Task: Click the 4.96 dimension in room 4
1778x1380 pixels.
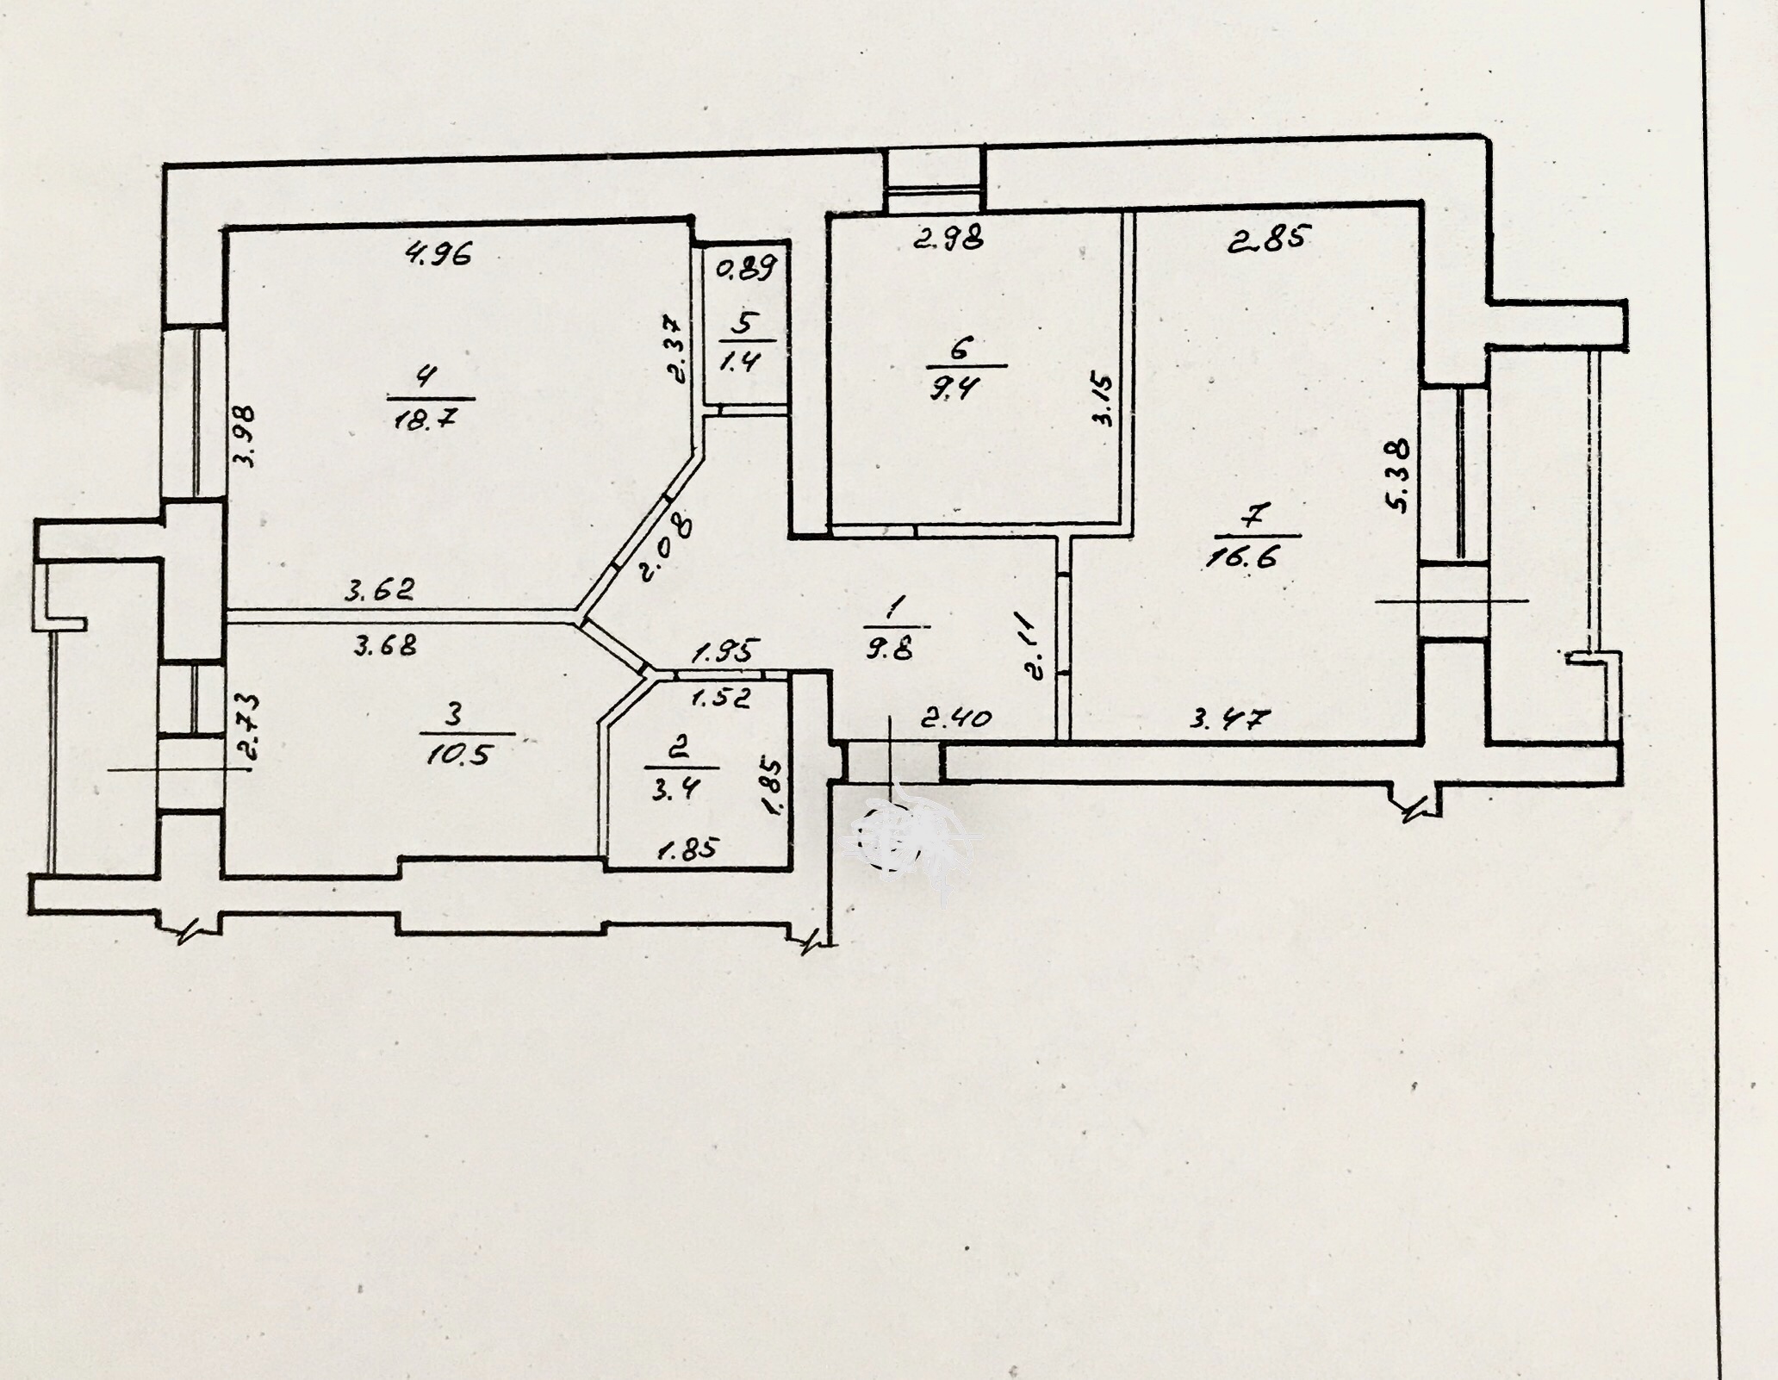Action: [x=440, y=254]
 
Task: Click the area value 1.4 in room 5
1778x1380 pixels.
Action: [x=738, y=359]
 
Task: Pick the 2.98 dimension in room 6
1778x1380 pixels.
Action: [x=948, y=240]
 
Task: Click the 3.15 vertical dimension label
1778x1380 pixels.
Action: [x=1103, y=399]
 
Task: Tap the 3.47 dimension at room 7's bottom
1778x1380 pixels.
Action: [x=1230, y=718]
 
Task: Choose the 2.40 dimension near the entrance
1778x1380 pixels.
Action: [x=956, y=717]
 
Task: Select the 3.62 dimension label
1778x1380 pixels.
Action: [x=380, y=590]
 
